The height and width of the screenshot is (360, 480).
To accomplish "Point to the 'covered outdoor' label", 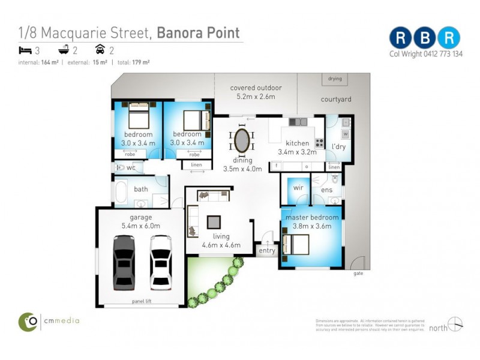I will pyautogui.click(x=256, y=88).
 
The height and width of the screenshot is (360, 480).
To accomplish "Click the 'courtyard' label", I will pyautogui.click(x=336, y=99).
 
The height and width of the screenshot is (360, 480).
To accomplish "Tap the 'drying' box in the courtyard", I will pyautogui.click(x=335, y=79).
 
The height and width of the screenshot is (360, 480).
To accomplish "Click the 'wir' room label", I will pyautogui.click(x=298, y=188).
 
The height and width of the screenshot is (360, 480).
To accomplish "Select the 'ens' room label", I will pyautogui.click(x=326, y=190).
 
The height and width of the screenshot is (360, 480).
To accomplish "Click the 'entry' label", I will pyautogui.click(x=267, y=250).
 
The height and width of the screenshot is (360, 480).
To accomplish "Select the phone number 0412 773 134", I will pyautogui.click(x=440, y=54).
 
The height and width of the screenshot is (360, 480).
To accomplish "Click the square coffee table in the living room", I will pyautogui.click(x=214, y=222).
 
